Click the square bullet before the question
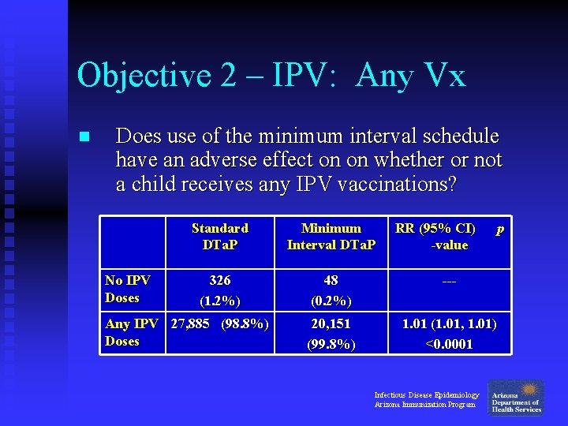[85, 136]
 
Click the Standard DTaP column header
[219, 236]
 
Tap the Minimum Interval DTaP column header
[331, 236]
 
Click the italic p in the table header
[499, 229]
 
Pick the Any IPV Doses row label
[131, 332]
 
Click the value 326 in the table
[219, 280]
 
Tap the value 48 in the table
[331, 280]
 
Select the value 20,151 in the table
[331, 323]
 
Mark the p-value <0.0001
[449, 344]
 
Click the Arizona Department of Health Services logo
[516, 397]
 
